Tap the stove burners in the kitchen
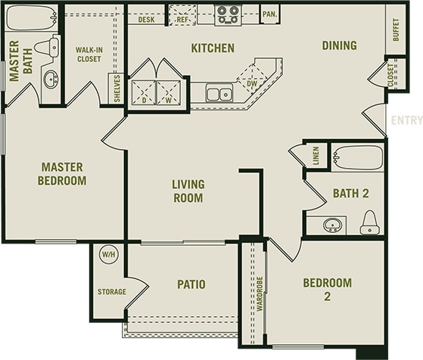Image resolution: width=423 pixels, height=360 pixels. click(x=228, y=14)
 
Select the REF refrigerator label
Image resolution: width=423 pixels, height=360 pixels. click(x=182, y=20)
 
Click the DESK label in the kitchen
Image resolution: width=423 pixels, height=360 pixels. click(x=147, y=20)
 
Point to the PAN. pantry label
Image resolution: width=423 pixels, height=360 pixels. click(x=269, y=14)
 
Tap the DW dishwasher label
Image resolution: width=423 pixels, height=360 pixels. click(x=251, y=83)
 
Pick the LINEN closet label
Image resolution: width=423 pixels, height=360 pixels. click(x=316, y=156)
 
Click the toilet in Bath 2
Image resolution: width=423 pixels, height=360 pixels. click(x=369, y=222)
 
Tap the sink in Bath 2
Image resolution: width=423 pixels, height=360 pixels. click(x=331, y=225)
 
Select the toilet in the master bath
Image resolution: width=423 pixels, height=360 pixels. click(x=46, y=48)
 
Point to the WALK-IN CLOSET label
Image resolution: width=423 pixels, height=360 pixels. click(x=89, y=55)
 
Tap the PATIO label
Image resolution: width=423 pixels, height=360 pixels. click(x=192, y=284)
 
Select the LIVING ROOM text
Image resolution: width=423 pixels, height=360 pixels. click(x=188, y=191)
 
